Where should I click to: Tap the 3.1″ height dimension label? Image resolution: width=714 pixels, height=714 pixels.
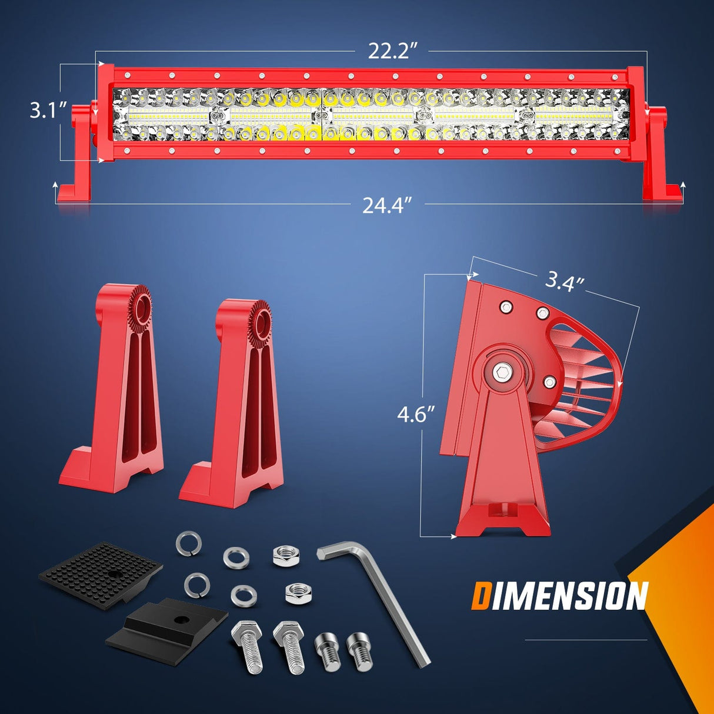point(46,110)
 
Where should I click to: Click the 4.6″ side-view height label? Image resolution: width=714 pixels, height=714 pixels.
point(415,415)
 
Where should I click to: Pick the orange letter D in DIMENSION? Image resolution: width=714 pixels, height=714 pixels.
point(481,596)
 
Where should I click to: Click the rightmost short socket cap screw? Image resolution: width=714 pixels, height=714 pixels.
point(359,652)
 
